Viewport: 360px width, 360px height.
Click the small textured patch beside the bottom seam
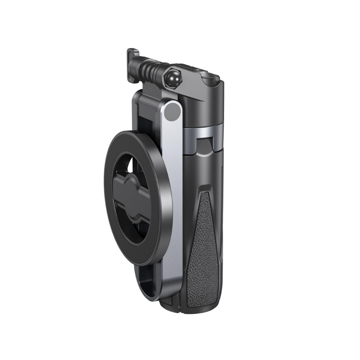[x=168, y=301]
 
